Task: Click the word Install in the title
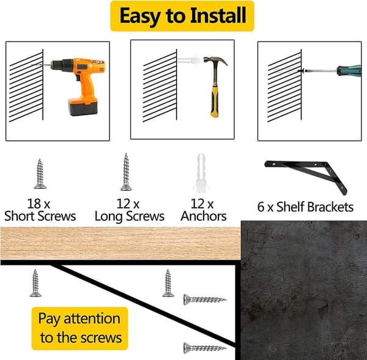218,16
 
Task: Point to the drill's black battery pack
83,107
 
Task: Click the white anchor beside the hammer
189,60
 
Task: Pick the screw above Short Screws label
40,174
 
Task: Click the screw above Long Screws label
126,172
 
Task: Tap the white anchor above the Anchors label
201,174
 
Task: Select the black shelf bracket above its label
306,175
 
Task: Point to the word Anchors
204,216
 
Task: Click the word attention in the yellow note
92,318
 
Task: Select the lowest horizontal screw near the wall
205,348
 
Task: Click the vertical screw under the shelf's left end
35,283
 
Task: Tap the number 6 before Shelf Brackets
261,207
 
